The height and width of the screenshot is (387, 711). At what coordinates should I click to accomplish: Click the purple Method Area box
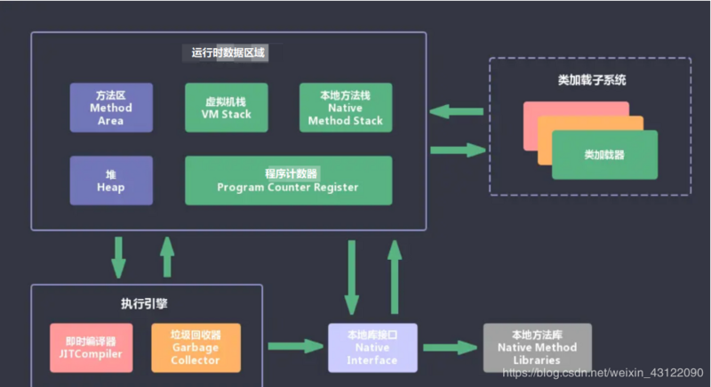(x=111, y=108)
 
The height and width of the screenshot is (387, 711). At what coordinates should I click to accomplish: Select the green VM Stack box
(x=226, y=108)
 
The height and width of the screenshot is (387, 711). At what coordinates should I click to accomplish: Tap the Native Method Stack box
(x=345, y=108)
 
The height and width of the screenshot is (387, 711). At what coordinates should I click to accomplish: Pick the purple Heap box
(x=111, y=181)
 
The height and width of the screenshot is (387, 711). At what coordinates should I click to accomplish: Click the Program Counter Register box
(x=288, y=181)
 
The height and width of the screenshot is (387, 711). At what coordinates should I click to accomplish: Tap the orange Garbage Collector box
(x=196, y=347)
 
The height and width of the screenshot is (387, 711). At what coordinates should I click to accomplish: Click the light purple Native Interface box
(x=372, y=347)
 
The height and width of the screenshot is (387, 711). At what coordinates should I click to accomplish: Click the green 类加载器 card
(x=604, y=154)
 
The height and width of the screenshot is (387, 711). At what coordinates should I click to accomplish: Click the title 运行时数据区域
(x=228, y=52)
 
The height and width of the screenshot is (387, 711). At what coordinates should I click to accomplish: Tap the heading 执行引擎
(x=146, y=303)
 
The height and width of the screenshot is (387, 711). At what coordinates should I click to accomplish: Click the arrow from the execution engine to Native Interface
(x=295, y=343)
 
